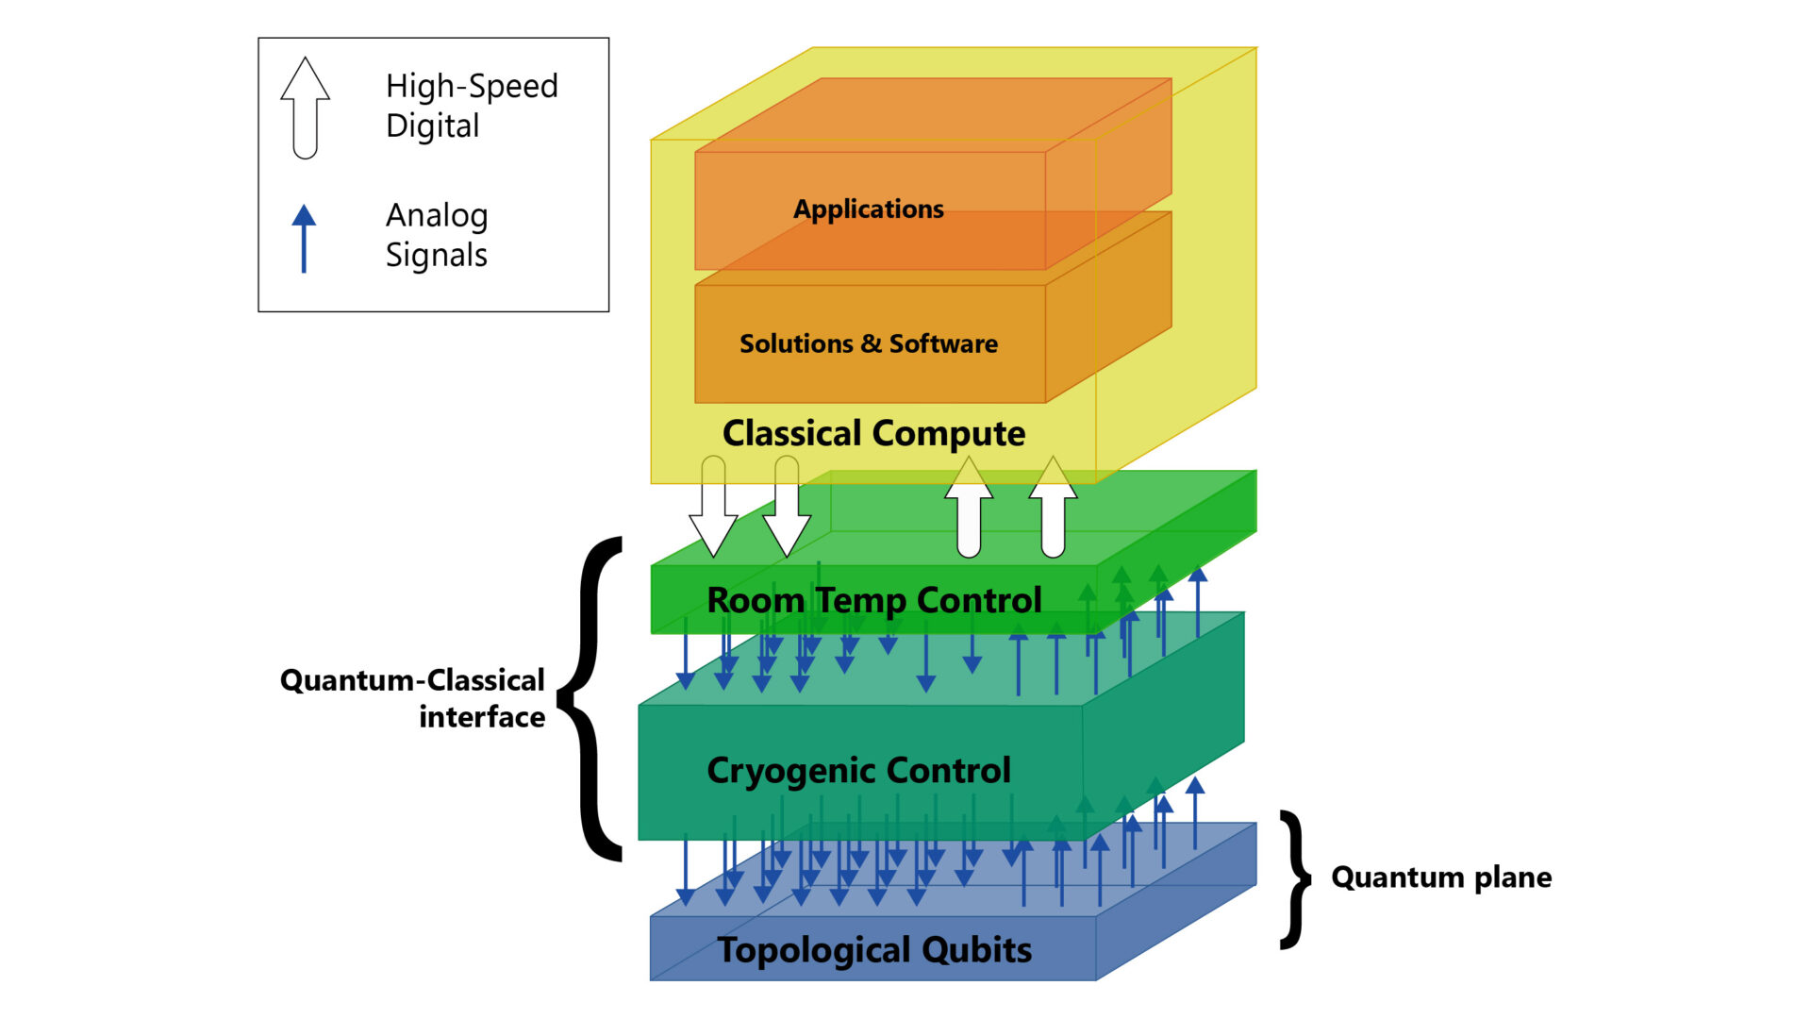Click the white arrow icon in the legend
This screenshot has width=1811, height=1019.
[x=305, y=108]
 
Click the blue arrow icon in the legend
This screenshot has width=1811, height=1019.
[x=304, y=238]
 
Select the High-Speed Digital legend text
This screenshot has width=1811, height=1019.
[x=472, y=106]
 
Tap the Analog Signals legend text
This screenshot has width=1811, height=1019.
[x=437, y=235]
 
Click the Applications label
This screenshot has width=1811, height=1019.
[x=868, y=209]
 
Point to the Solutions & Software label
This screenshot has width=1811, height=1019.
[x=868, y=343]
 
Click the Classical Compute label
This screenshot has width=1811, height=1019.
[x=873, y=433]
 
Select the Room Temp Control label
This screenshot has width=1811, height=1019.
[x=873, y=600]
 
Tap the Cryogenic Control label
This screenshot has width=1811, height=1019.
[x=858, y=771]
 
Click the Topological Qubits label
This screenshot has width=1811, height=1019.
[x=873, y=950]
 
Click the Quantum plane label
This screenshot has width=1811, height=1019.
[x=1440, y=877]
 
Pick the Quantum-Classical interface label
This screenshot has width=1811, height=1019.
[x=413, y=698]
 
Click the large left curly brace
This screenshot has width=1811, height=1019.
[x=592, y=698]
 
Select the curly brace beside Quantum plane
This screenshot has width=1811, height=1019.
[x=1296, y=878]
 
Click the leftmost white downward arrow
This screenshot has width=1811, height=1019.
[x=713, y=509]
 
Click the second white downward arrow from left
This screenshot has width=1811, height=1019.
[x=787, y=509]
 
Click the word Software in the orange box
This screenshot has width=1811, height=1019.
[x=942, y=343]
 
